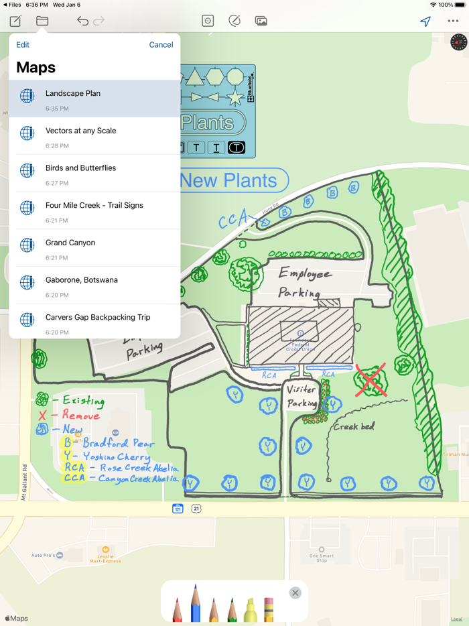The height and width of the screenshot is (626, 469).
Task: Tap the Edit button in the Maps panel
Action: click(x=23, y=45)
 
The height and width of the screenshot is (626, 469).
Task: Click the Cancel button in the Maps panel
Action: click(x=161, y=45)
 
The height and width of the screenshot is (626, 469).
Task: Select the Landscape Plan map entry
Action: click(x=94, y=99)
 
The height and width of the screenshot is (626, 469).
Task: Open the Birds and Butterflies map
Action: click(x=94, y=173)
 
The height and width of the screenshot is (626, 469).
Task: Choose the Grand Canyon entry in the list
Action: click(x=94, y=248)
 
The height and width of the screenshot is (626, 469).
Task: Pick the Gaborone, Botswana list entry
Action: click(x=94, y=286)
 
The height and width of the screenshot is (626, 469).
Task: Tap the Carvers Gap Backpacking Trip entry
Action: click(x=94, y=322)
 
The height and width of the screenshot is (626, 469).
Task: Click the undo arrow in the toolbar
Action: click(x=82, y=21)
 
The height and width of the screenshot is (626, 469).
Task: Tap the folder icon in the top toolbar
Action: click(x=42, y=21)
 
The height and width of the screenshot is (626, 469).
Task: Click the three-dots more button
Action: click(x=453, y=21)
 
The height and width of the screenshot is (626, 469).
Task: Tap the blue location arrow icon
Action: click(x=425, y=21)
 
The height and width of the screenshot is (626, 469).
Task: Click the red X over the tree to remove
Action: click(x=371, y=380)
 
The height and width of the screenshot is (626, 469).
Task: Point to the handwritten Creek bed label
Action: click(x=354, y=426)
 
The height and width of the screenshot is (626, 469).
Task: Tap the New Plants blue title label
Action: click(x=229, y=180)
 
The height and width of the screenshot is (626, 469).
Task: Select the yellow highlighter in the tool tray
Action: click(x=250, y=609)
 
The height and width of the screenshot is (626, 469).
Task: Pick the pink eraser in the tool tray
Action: click(x=269, y=609)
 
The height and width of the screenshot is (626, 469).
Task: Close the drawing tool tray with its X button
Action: click(x=295, y=592)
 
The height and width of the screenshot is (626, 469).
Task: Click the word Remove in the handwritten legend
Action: click(x=80, y=416)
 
